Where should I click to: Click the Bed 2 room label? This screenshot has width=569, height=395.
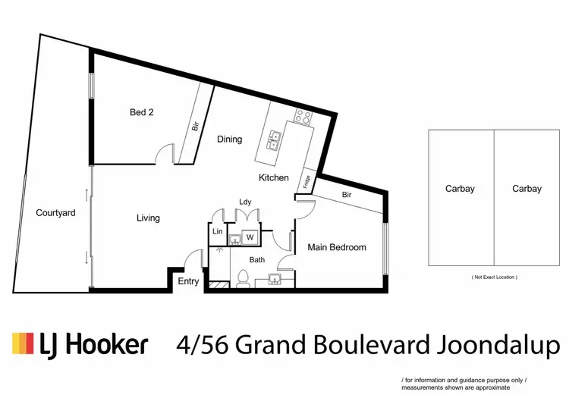point(142,112)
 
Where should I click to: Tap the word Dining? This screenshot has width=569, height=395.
point(229,139)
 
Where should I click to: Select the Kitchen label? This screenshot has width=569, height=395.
point(273,177)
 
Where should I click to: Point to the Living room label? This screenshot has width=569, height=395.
point(148,218)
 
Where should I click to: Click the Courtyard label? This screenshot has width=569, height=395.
point(55,213)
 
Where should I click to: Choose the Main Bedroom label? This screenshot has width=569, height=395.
point(336,247)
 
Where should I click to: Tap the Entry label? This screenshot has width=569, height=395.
point(188,281)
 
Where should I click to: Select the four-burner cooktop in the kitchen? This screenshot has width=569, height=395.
point(303,118)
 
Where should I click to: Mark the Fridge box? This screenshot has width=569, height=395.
point(307,181)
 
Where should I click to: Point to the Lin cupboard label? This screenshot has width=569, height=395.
point(217,231)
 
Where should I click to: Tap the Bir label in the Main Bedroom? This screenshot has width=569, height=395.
point(347,195)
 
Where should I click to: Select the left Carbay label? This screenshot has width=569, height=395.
point(461,189)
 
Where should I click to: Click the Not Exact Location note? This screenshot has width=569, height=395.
point(495,277)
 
